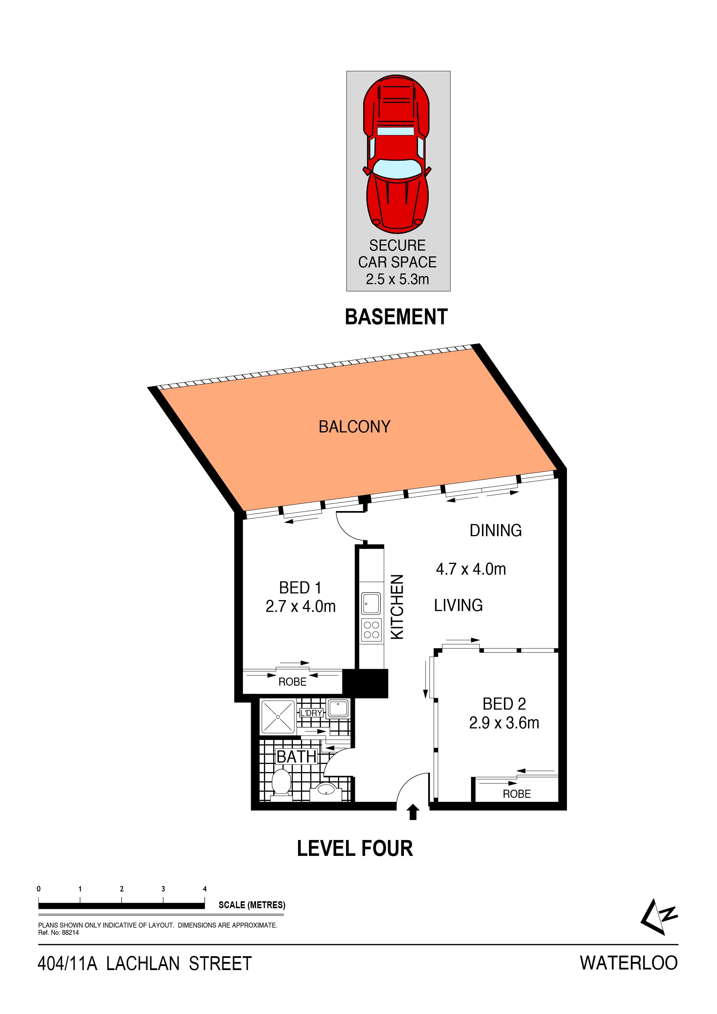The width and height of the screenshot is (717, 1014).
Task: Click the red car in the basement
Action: tap(396, 154)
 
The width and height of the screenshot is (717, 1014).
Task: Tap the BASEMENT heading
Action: tap(396, 317)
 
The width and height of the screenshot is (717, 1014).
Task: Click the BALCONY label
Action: tap(355, 427)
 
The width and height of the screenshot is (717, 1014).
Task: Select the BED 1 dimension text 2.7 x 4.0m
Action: tap(300, 606)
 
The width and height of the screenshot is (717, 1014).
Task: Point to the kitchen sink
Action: tap(371, 603)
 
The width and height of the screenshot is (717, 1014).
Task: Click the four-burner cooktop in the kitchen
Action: tap(371, 630)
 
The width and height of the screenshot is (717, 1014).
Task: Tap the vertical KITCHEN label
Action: tap(398, 607)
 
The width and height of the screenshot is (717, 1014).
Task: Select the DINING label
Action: tap(496, 530)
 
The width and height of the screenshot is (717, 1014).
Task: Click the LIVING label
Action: tap(458, 605)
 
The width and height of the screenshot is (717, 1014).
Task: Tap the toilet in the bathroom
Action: tap(281, 782)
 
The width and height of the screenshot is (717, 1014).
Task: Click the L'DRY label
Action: tap(311, 713)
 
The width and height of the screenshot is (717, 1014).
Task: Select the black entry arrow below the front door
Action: tap(413, 812)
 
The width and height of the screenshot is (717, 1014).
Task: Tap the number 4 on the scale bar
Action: tap(204, 889)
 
